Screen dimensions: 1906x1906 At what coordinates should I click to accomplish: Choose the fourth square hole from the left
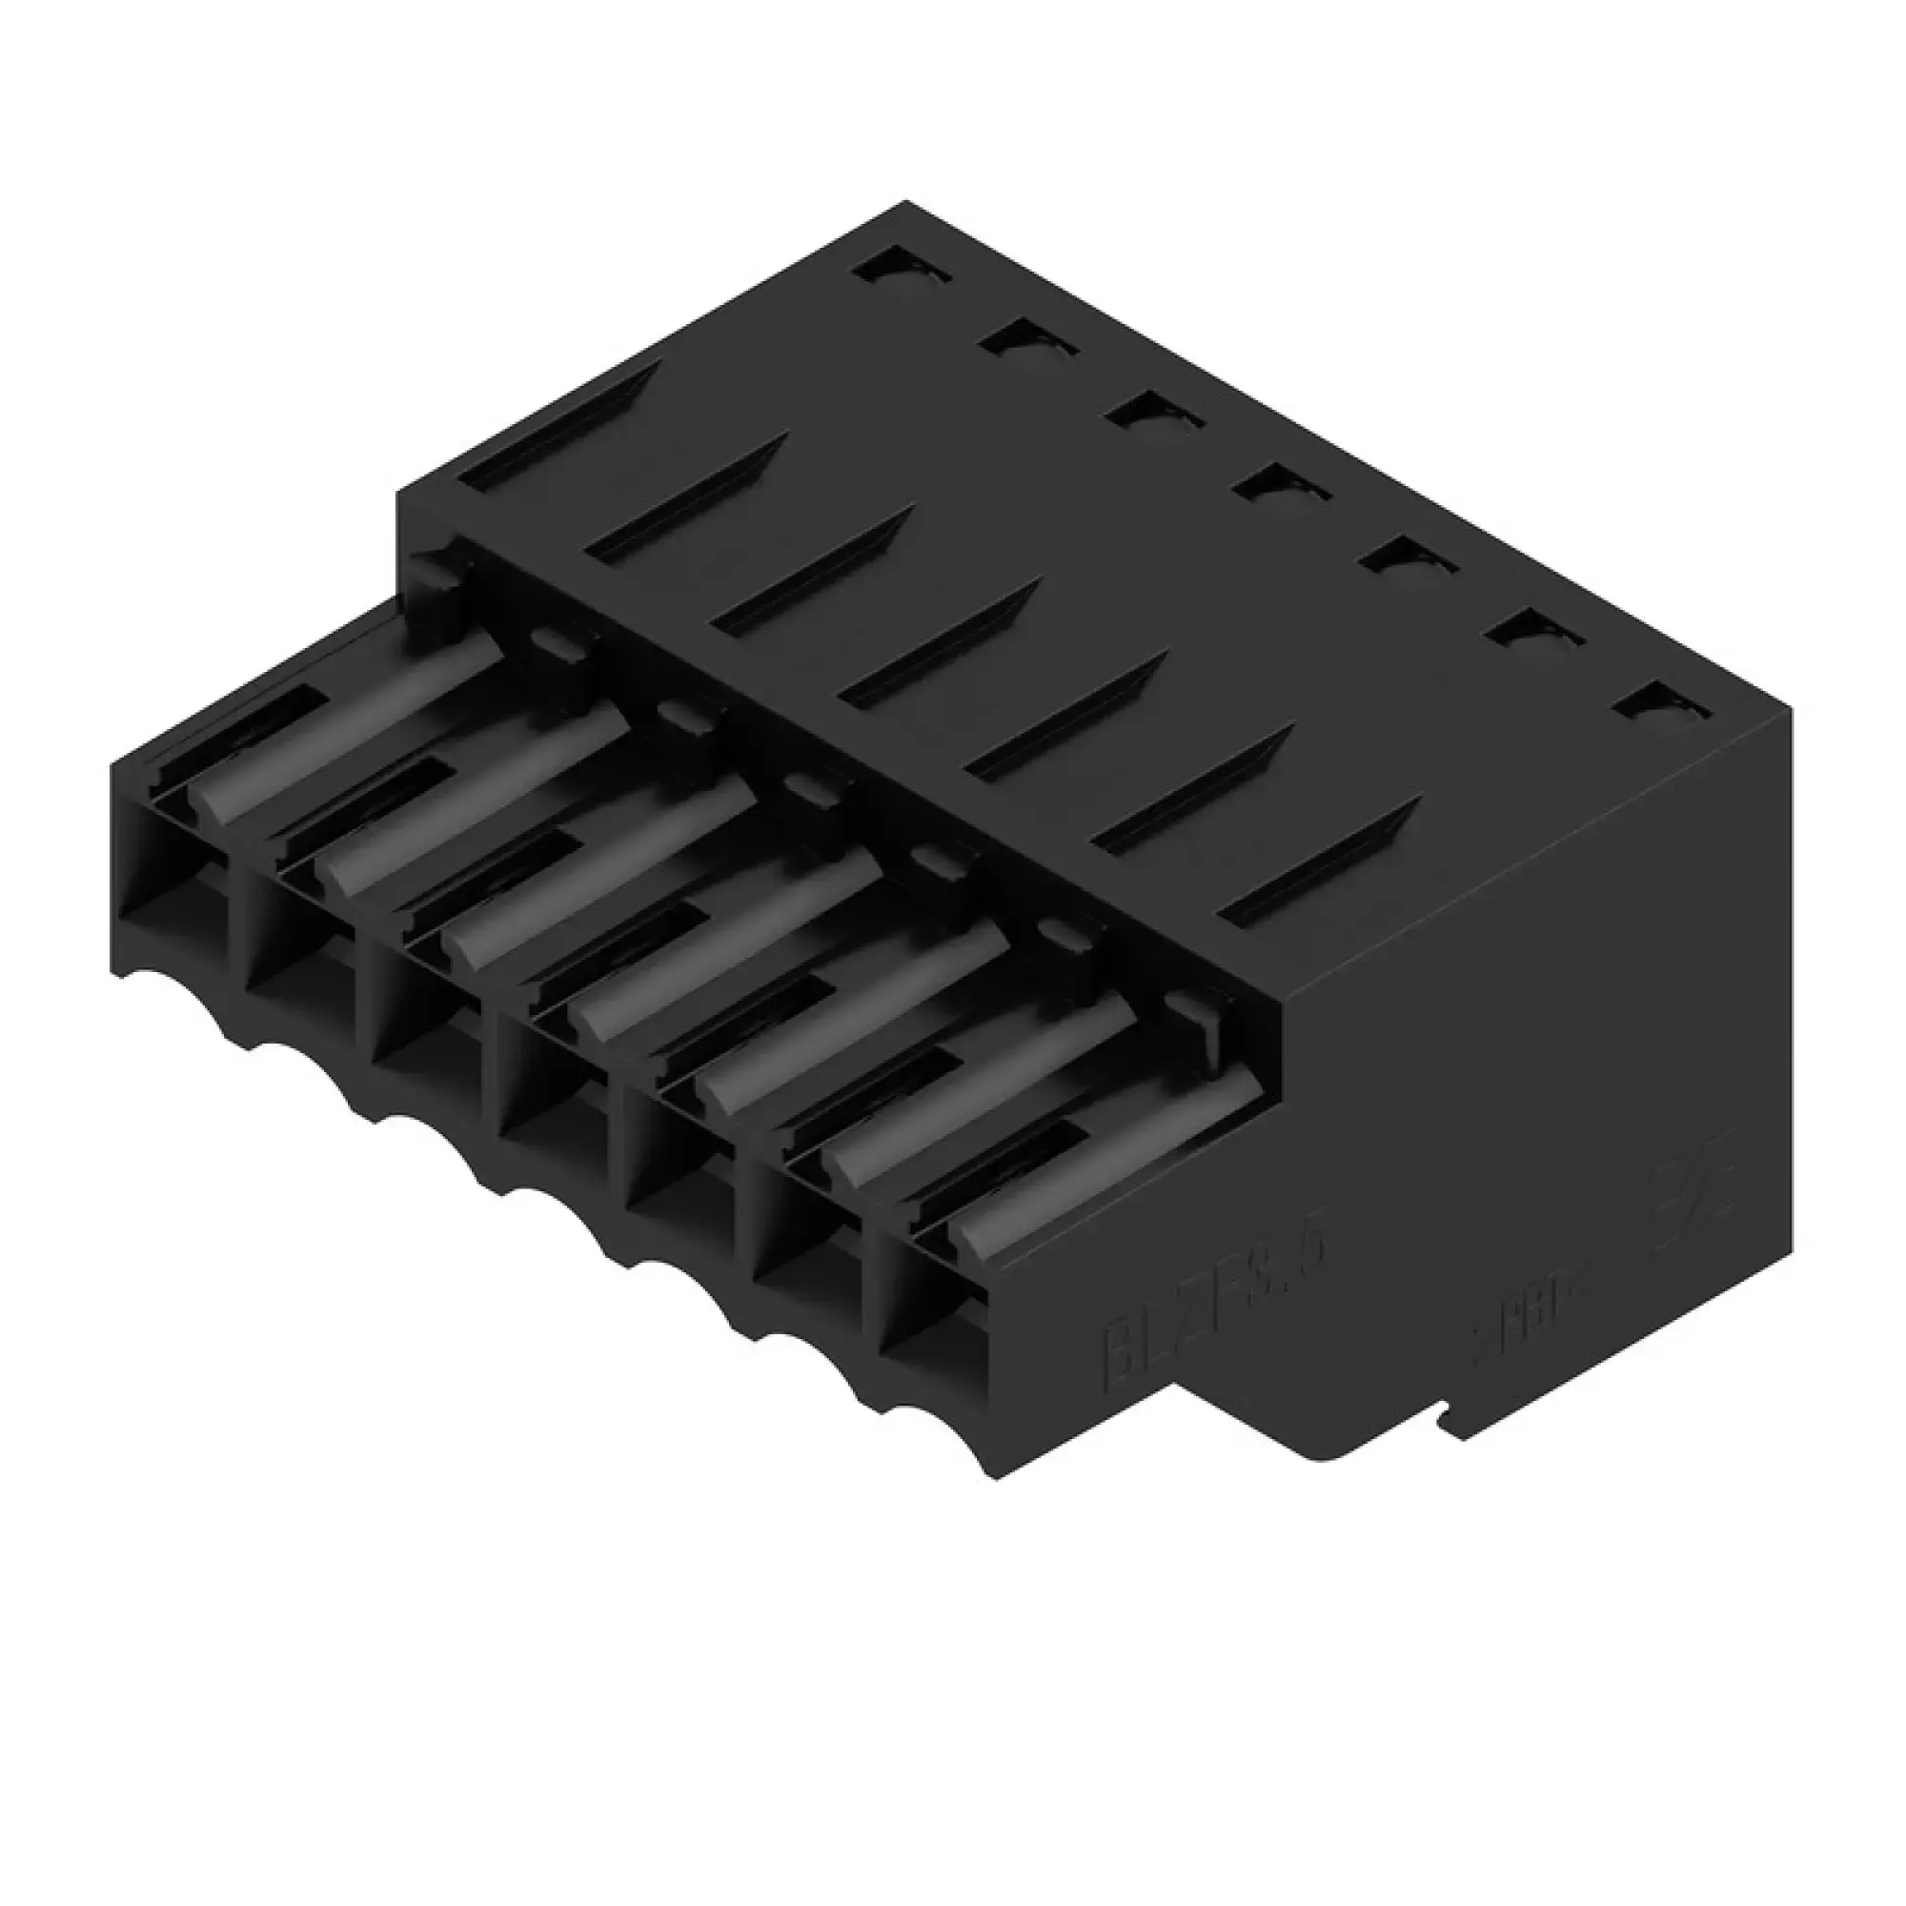click(x=1281, y=484)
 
